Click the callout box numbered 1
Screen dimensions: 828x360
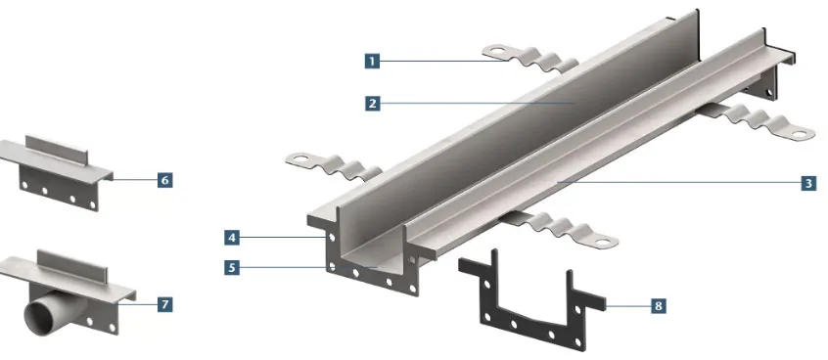[372, 62]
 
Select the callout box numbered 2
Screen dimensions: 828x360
[372, 103]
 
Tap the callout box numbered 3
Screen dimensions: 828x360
[808, 183]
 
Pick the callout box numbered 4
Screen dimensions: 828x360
[231, 238]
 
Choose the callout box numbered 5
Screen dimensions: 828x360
[231, 268]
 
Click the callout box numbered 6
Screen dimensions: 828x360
[164, 181]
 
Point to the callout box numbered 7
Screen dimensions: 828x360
[164, 304]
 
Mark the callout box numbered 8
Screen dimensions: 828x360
[658, 305]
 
